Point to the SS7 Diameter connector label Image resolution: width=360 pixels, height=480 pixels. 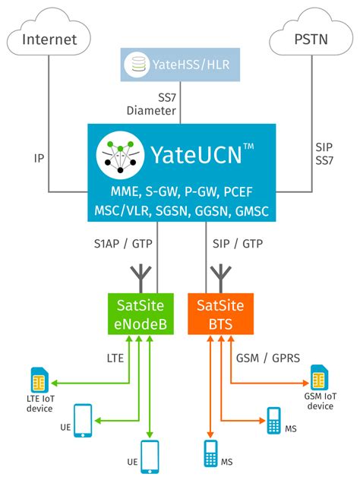tap(156, 105)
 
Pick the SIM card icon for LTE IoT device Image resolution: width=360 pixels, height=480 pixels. tap(37, 379)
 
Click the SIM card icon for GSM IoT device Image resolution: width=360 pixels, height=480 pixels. tap(319, 377)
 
